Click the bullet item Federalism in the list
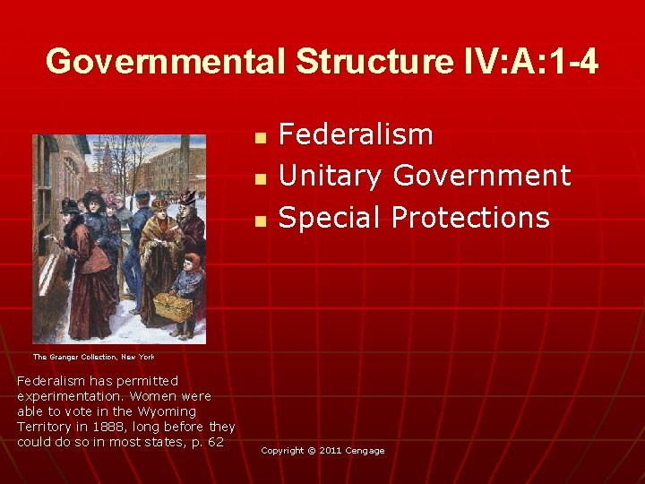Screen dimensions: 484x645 pos(356,135)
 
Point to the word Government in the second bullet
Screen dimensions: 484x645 pos(482,177)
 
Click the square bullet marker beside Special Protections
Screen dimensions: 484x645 pos(260,220)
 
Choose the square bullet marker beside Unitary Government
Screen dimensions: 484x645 pos(260,179)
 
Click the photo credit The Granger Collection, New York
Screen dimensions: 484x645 pos(94,357)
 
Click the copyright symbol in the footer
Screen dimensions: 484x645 pos(311,451)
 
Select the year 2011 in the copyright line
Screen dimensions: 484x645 pos(328,451)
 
